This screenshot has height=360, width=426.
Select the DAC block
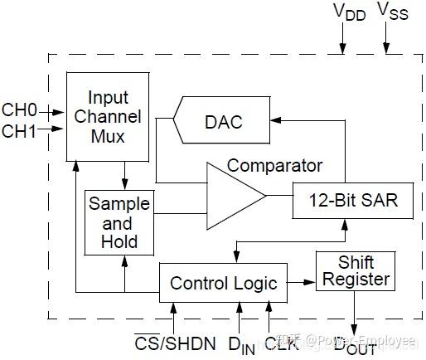coord(222,122)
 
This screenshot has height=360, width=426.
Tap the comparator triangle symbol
coord(232,196)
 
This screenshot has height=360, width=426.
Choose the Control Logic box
coord(223,283)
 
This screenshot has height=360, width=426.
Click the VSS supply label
coord(392,12)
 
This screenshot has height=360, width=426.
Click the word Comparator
coord(274,165)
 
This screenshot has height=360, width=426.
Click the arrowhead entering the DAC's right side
coord(275,122)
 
